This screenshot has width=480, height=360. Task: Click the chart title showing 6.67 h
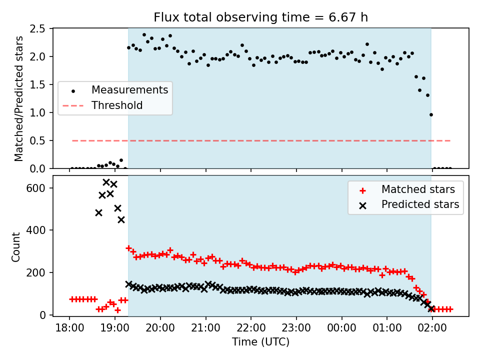[260, 17]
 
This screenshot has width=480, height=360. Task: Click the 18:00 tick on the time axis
[69, 328]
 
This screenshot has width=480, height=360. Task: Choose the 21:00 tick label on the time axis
[205, 328]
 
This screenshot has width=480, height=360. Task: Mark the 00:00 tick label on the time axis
[341, 328]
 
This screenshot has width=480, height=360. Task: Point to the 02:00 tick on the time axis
[432, 328]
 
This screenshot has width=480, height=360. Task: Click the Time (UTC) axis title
[260, 341]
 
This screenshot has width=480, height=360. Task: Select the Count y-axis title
[15, 247]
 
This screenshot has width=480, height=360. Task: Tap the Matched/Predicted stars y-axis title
[18, 98]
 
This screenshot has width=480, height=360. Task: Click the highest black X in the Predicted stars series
[106, 182]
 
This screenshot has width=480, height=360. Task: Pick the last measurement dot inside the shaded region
[431, 115]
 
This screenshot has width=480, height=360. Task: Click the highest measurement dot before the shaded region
[121, 160]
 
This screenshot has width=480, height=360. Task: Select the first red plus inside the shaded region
[128, 248]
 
